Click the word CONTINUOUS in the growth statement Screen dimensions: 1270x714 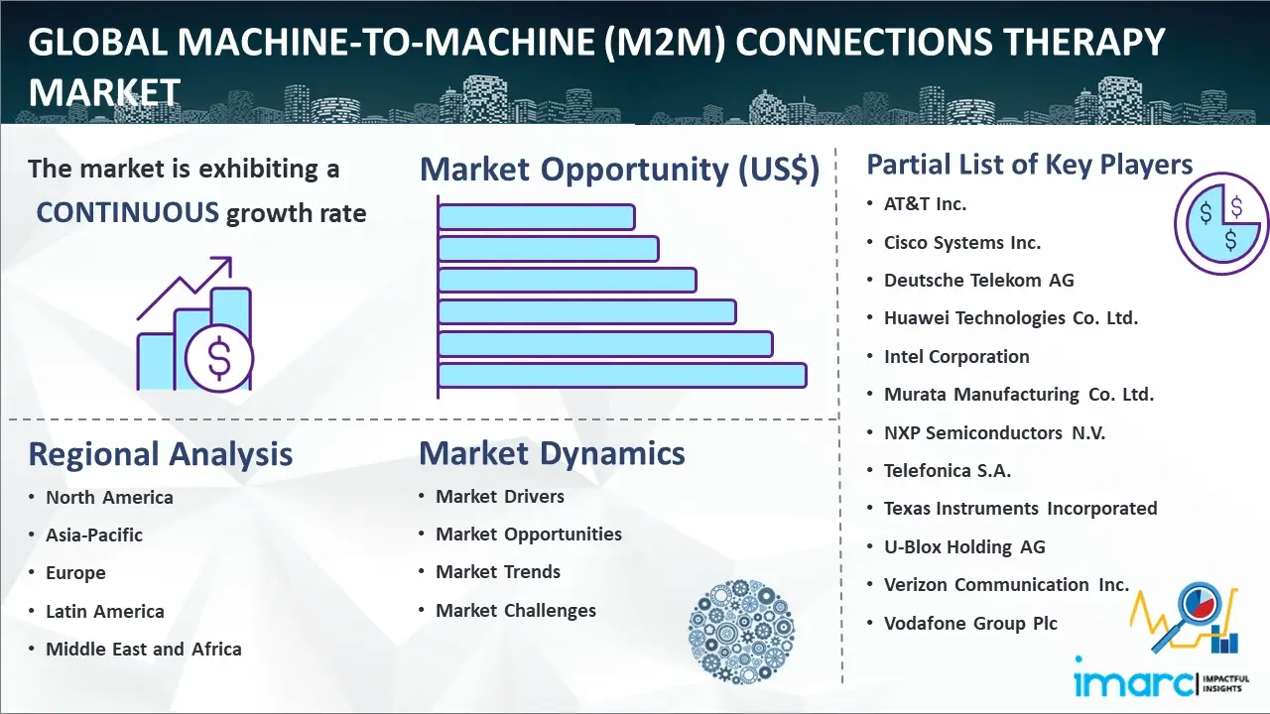coord(128,213)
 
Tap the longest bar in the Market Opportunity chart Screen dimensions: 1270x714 coord(622,376)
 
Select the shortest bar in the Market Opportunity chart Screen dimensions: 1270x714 coord(537,217)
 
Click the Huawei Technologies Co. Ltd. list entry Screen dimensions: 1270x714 coord(1011,318)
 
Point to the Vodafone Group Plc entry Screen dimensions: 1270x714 coord(970,624)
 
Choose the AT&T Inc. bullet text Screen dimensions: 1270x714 coord(925,204)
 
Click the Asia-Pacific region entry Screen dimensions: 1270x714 coord(94,535)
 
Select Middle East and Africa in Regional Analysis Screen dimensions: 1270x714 coord(144,649)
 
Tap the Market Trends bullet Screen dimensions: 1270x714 coord(498,572)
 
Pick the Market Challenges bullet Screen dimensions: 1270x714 coord(516,610)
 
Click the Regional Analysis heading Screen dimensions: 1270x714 coord(161,454)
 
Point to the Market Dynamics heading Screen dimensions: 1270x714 coord(552,453)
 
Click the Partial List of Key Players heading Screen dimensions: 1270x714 coord(1030,165)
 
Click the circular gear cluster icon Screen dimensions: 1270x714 coord(741,632)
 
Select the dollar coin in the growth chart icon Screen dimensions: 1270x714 coord(219,358)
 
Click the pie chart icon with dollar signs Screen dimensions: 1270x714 coord(1221,224)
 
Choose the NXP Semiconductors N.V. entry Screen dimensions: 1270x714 coord(994,433)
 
